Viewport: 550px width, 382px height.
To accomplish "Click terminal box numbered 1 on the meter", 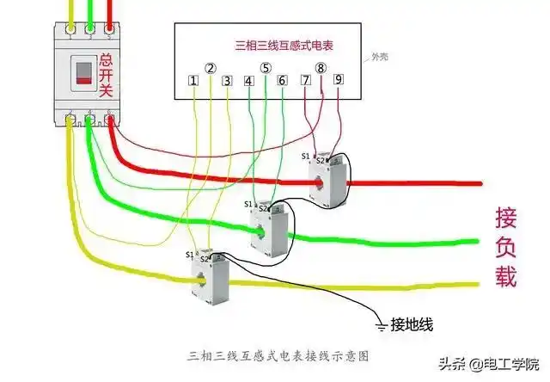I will click(x=193, y=81).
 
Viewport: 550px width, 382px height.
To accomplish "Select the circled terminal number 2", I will click(x=211, y=67).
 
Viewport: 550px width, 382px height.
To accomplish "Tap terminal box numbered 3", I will click(x=227, y=81).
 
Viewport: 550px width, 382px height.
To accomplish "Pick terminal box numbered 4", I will click(x=249, y=81).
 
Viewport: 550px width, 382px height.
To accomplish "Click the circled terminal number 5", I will click(x=266, y=67).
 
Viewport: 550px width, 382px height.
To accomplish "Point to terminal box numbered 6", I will click(x=282, y=81).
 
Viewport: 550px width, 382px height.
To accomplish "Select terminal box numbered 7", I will click(x=305, y=80).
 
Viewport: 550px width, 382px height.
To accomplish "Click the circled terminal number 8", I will click(x=321, y=67).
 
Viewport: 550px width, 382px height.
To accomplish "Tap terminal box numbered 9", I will click(x=338, y=80).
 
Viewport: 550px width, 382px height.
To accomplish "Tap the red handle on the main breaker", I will click(x=82, y=73).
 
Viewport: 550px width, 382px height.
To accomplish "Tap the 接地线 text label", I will click(x=412, y=324).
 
